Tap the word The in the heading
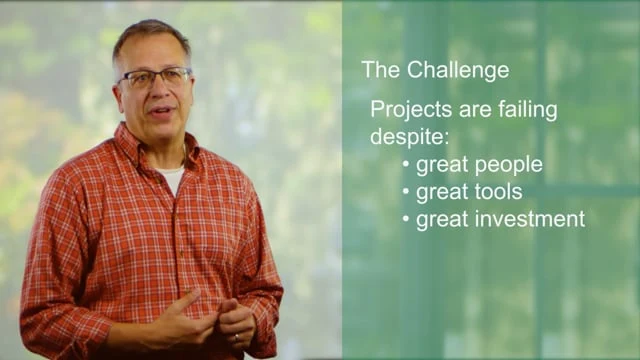379,71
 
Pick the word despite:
409,137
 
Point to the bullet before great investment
405,219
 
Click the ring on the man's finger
235,338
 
